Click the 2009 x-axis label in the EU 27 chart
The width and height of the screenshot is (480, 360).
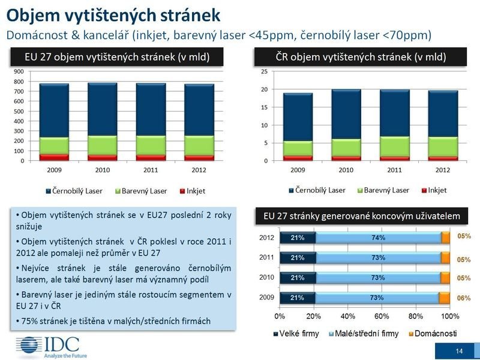[x=54, y=170]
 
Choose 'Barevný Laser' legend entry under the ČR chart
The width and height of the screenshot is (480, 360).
[x=385, y=190]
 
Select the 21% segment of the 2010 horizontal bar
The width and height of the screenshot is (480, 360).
[x=296, y=278]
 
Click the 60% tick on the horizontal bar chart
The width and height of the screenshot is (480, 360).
[x=382, y=316]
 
